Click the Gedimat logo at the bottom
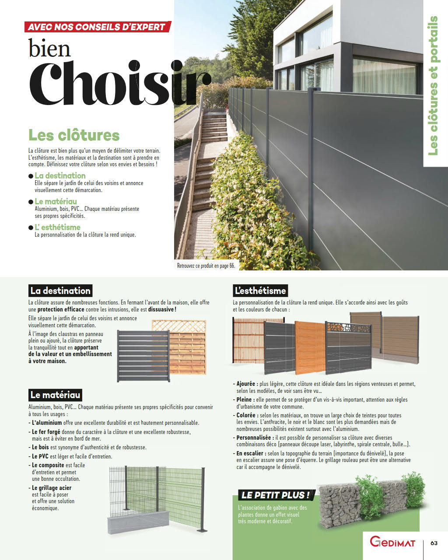point(392,542)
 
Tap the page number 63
point(434,543)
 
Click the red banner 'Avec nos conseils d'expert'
point(97,27)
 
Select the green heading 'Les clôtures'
point(74,135)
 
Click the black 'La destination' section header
point(60,290)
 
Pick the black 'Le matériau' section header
point(55,395)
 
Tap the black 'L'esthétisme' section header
point(260,290)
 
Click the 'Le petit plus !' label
point(276,495)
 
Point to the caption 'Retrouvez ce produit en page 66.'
point(206,266)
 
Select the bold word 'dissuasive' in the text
point(161,309)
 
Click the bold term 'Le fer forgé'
point(46,432)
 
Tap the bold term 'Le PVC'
point(40,456)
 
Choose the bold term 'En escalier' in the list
point(250,453)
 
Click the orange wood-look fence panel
point(309,348)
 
